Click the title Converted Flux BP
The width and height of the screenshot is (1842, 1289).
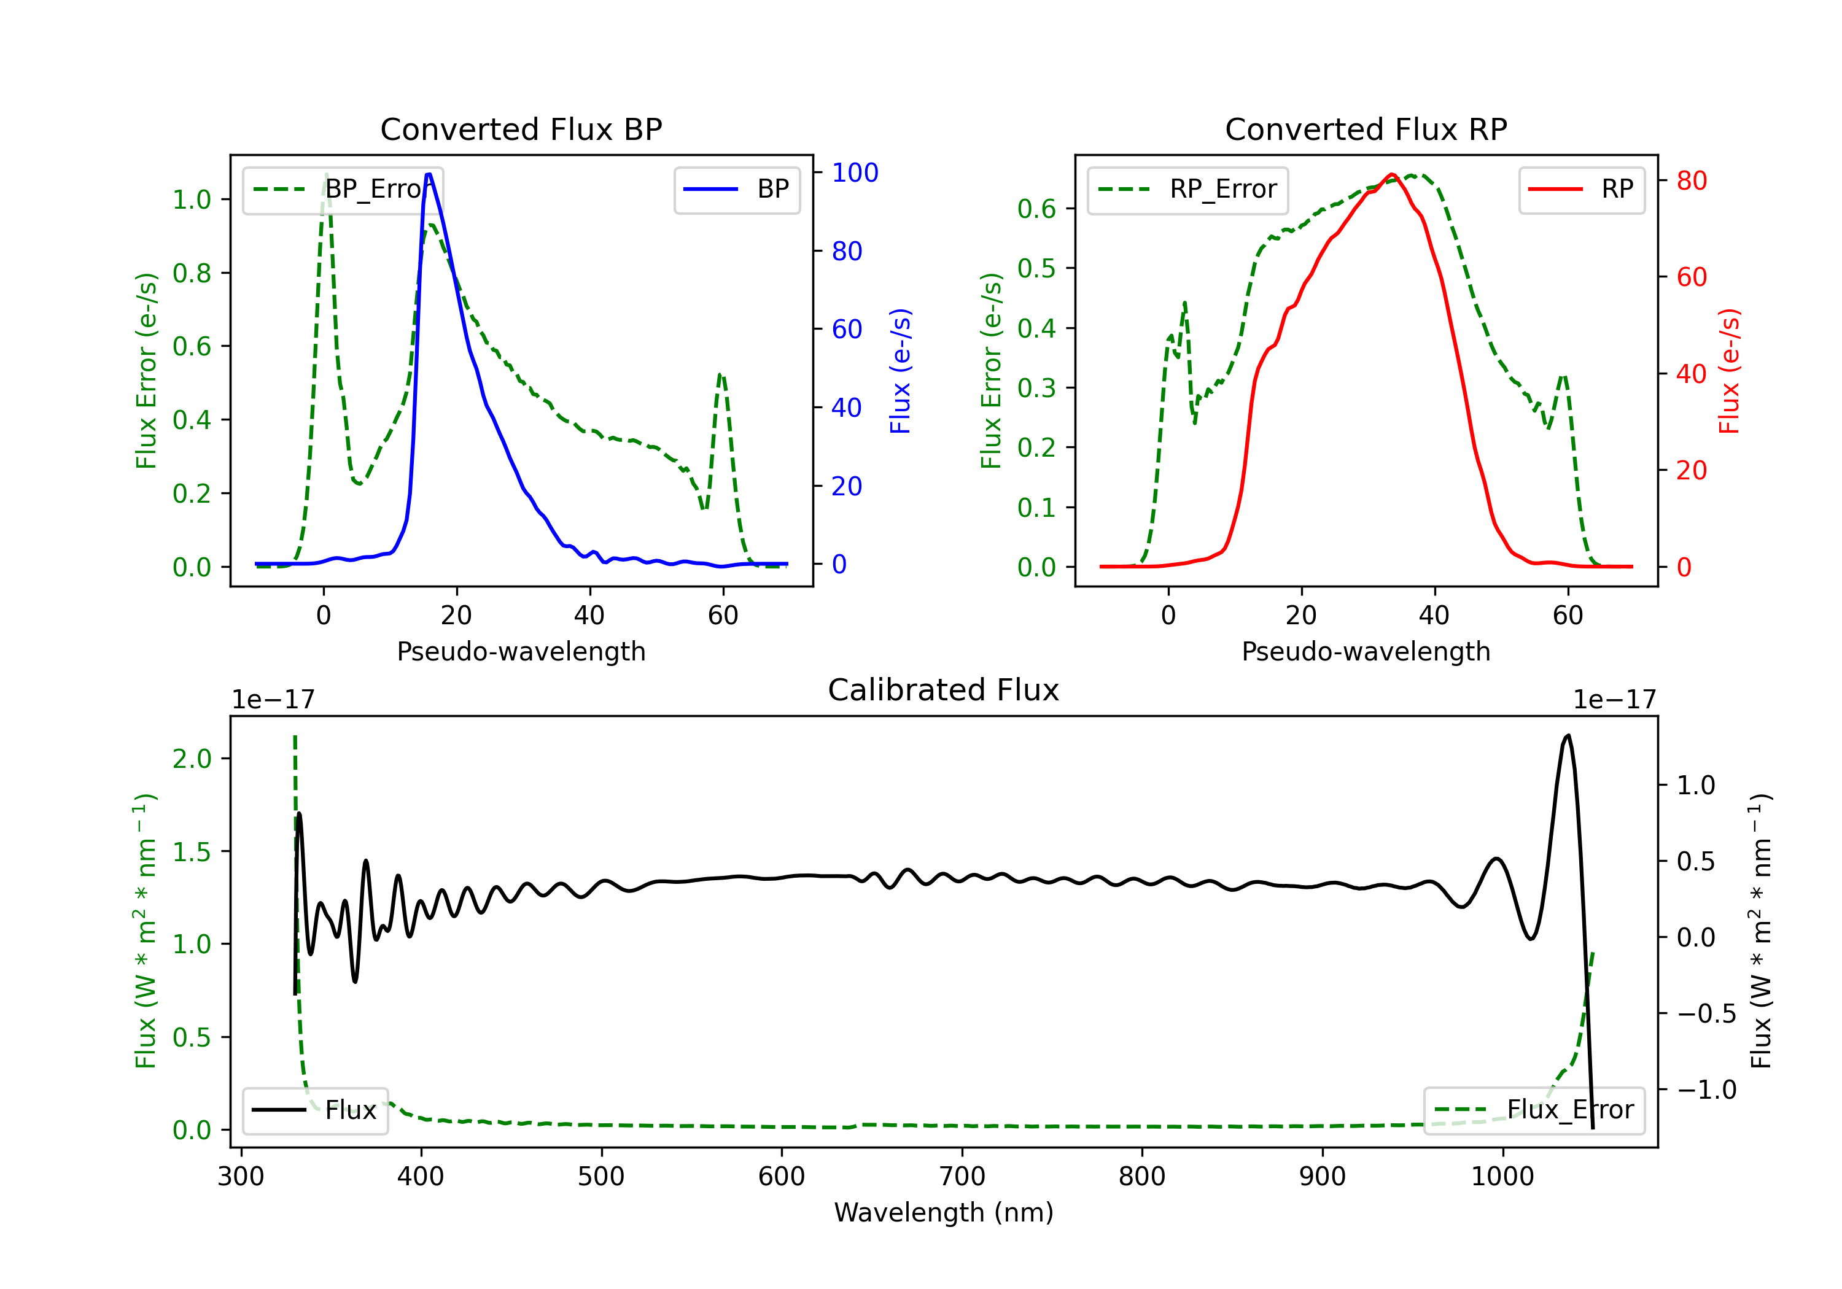click(x=521, y=129)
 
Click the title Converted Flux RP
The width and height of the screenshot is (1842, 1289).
click(x=1366, y=129)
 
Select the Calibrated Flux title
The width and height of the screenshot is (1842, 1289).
click(x=944, y=690)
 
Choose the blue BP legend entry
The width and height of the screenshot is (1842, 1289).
click(x=736, y=189)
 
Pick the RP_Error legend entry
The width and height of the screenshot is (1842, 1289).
click(x=1187, y=189)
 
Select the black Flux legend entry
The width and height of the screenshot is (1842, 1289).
click(x=314, y=1110)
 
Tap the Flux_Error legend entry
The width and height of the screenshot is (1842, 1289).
click(x=1533, y=1110)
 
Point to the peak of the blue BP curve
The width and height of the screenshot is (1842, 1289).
click(x=429, y=174)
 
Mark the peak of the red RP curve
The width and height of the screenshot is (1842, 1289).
click(x=1392, y=174)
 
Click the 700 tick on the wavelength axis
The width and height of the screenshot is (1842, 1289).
click(x=962, y=1177)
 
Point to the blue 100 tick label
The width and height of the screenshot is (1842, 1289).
click(x=855, y=172)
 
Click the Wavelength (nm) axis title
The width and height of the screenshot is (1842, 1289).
click(x=944, y=1212)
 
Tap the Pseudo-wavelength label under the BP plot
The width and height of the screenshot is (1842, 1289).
click(x=521, y=651)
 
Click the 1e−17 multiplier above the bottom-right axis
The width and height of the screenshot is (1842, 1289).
click(x=1614, y=700)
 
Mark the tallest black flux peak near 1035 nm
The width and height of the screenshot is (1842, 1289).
click(x=1568, y=735)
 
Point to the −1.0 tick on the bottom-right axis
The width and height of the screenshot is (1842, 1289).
click(x=1706, y=1090)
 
